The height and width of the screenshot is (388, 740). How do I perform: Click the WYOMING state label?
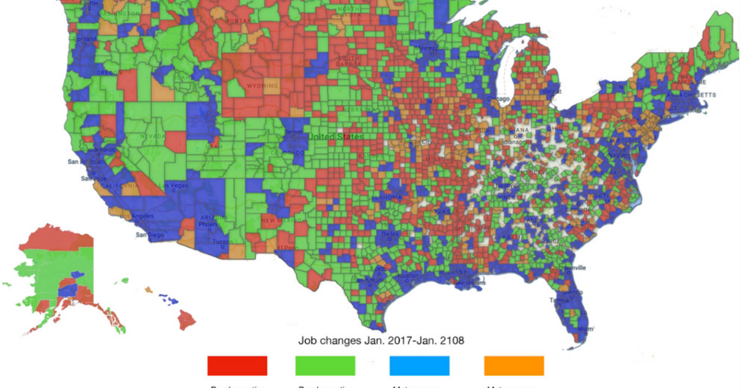pyautogui.click(x=262, y=86)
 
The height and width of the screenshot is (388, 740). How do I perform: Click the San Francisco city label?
pyautogui.click(x=84, y=161)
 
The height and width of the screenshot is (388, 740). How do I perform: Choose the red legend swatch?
pyautogui.click(x=237, y=366)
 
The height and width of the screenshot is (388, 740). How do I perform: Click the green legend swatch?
pyautogui.click(x=326, y=366)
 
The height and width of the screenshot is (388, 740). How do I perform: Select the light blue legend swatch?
pyautogui.click(x=419, y=366)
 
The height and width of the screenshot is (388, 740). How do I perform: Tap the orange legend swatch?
pyautogui.click(x=514, y=366)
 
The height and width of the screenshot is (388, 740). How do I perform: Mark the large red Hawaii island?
pyautogui.click(x=187, y=319)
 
